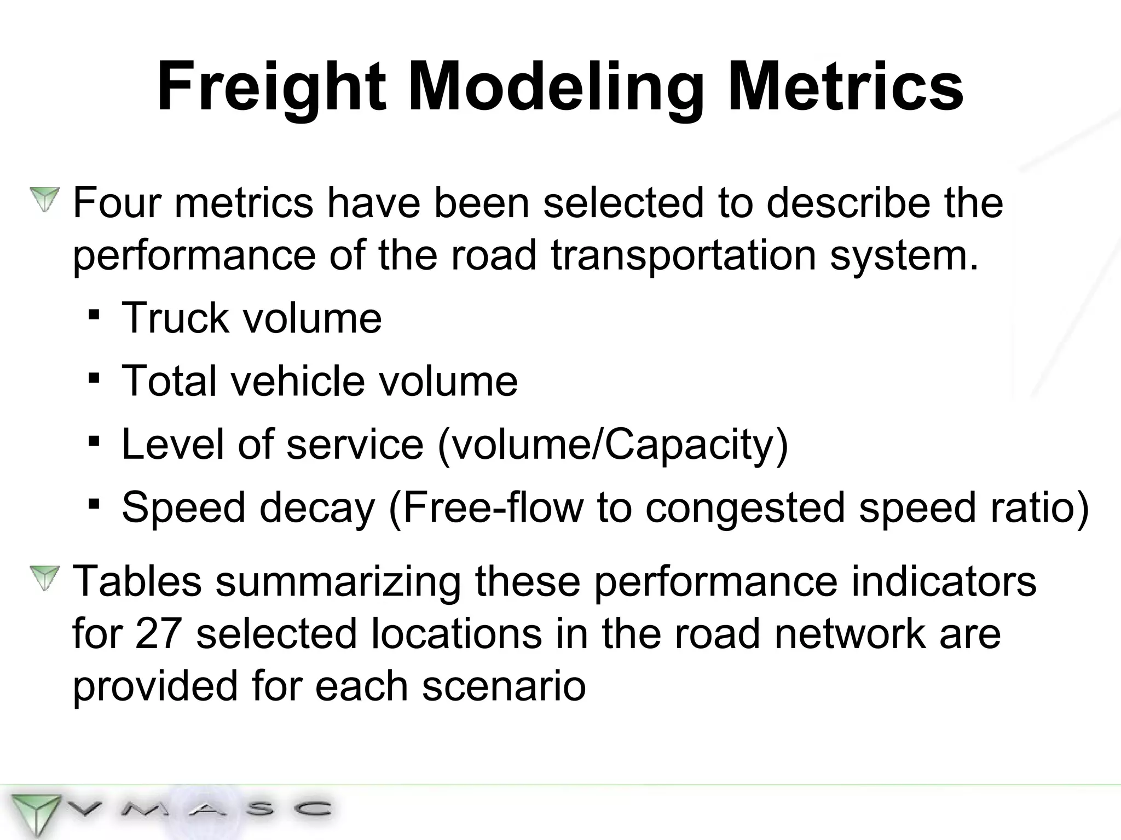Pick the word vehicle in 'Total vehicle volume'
[297, 381]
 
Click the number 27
[158, 633]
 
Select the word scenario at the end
[504, 686]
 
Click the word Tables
[137, 581]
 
